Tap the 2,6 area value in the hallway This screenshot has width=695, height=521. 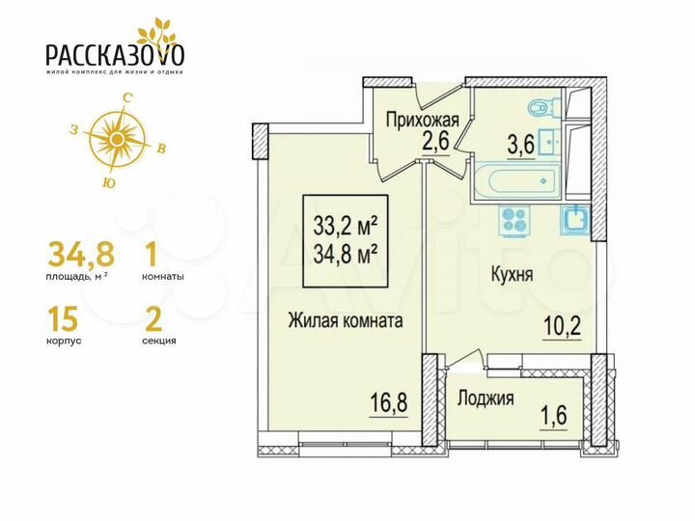(416, 143)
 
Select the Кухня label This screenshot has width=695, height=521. (512, 274)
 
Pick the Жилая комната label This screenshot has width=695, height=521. (345, 321)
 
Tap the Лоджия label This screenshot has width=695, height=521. (486, 398)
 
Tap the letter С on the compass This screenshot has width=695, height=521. (126, 97)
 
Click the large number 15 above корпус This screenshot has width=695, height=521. (65, 315)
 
